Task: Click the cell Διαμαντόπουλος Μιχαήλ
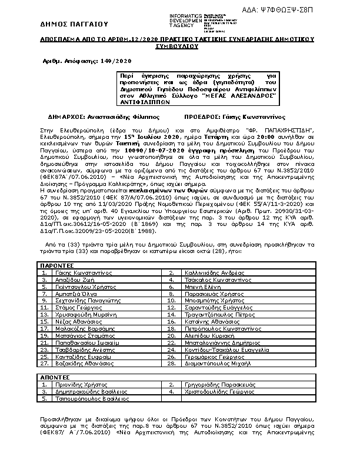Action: pos(214,364)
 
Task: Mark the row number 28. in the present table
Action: pos(171,364)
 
